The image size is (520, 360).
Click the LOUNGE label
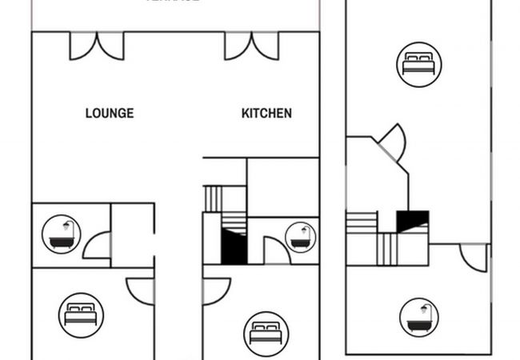(x=110, y=114)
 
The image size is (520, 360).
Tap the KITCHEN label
(x=266, y=114)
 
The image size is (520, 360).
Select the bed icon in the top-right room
(x=418, y=63)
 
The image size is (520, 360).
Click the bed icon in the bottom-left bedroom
(x=81, y=314)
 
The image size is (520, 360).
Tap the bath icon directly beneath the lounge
(x=62, y=234)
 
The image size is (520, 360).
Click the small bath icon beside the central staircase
(x=301, y=237)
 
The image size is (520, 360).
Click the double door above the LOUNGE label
(x=97, y=46)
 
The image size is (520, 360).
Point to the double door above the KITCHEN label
(x=251, y=46)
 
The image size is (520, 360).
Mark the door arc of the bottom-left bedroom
(x=141, y=291)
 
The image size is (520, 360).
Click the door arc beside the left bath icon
(x=97, y=245)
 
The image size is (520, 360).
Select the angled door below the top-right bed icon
(x=393, y=142)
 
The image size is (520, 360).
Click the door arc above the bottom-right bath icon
(x=474, y=257)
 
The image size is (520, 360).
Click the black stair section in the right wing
(x=413, y=221)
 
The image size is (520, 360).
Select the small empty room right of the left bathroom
(x=131, y=235)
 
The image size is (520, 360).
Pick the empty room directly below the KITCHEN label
(x=282, y=187)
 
